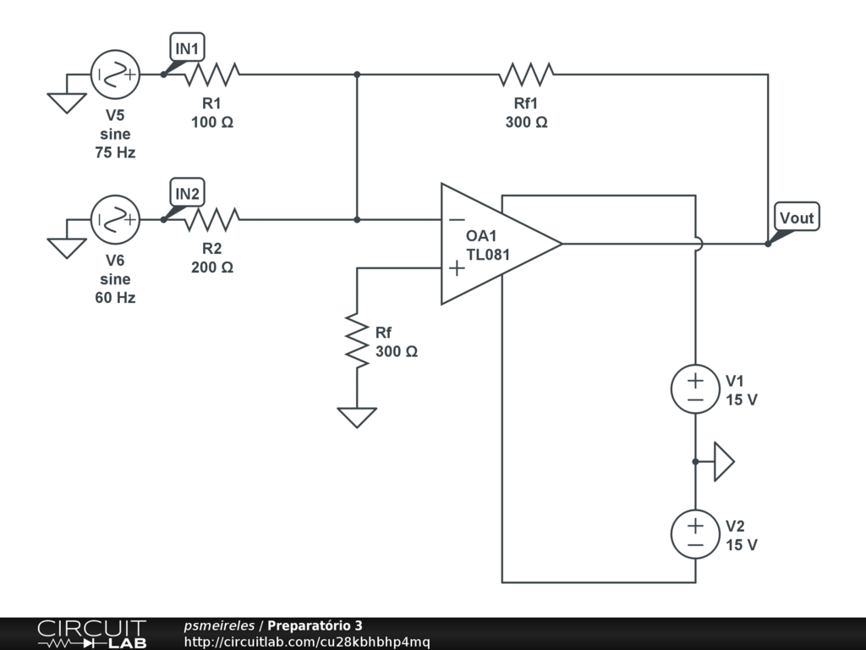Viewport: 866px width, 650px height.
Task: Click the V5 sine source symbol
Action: (115, 74)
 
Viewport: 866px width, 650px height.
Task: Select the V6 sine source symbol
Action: (115, 220)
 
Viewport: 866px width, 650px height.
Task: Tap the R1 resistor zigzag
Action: (211, 74)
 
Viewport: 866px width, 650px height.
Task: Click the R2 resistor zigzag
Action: (211, 220)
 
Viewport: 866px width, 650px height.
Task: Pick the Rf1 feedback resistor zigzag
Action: (526, 74)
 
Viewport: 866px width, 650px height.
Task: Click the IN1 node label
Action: (187, 49)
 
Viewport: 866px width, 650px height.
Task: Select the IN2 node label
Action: (187, 195)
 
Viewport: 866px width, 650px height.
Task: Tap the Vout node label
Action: (797, 218)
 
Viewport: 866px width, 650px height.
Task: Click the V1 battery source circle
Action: (695, 389)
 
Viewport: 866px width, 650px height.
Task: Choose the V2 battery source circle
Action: (695, 534)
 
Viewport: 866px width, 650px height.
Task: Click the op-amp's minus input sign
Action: (456, 219)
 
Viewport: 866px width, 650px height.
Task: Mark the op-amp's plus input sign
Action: (456, 268)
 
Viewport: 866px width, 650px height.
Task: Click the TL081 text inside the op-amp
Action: (489, 252)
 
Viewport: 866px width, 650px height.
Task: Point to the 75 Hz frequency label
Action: (116, 153)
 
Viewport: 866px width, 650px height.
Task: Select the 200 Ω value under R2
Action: (212, 267)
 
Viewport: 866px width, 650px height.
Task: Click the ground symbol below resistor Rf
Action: (357, 417)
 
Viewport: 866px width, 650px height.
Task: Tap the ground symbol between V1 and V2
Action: (724, 461)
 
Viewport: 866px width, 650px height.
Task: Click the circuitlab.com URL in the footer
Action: (307, 642)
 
